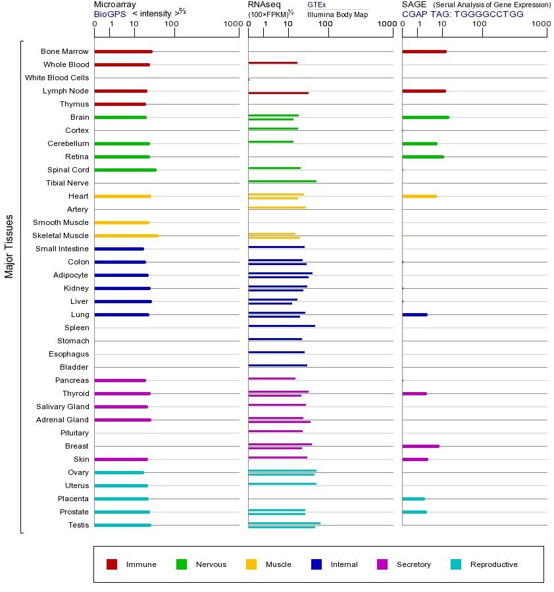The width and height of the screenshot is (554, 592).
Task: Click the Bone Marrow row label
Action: [x=64, y=51]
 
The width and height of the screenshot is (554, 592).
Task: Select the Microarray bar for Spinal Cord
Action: [x=125, y=170]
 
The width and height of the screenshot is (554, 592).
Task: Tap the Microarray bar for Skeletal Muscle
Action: [x=126, y=235]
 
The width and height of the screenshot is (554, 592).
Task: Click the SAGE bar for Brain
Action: [x=425, y=117]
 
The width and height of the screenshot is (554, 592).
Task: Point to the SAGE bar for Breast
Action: [x=420, y=446]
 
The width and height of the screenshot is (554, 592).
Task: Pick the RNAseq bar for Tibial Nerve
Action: [x=282, y=181]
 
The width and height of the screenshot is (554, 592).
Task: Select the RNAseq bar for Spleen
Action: [x=281, y=326]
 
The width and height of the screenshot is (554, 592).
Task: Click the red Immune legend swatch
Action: [x=112, y=564]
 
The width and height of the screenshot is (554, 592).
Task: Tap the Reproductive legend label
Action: [x=493, y=564]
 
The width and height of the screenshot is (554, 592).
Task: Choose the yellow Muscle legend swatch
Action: [x=251, y=564]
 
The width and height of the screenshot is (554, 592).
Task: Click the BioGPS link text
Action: [x=109, y=14]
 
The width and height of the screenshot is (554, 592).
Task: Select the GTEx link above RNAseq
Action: [x=316, y=5]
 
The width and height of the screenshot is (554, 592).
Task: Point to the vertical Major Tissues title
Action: [x=9, y=246]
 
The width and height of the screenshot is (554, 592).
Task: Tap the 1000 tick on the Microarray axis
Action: [x=232, y=24]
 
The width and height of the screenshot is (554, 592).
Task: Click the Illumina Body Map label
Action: [x=338, y=14]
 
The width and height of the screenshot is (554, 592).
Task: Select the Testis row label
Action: [x=78, y=525]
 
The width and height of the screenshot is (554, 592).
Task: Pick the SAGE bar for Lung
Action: [x=415, y=314]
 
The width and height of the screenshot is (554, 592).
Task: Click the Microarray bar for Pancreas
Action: [x=120, y=380]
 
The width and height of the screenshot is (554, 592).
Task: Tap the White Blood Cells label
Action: [x=57, y=78]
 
